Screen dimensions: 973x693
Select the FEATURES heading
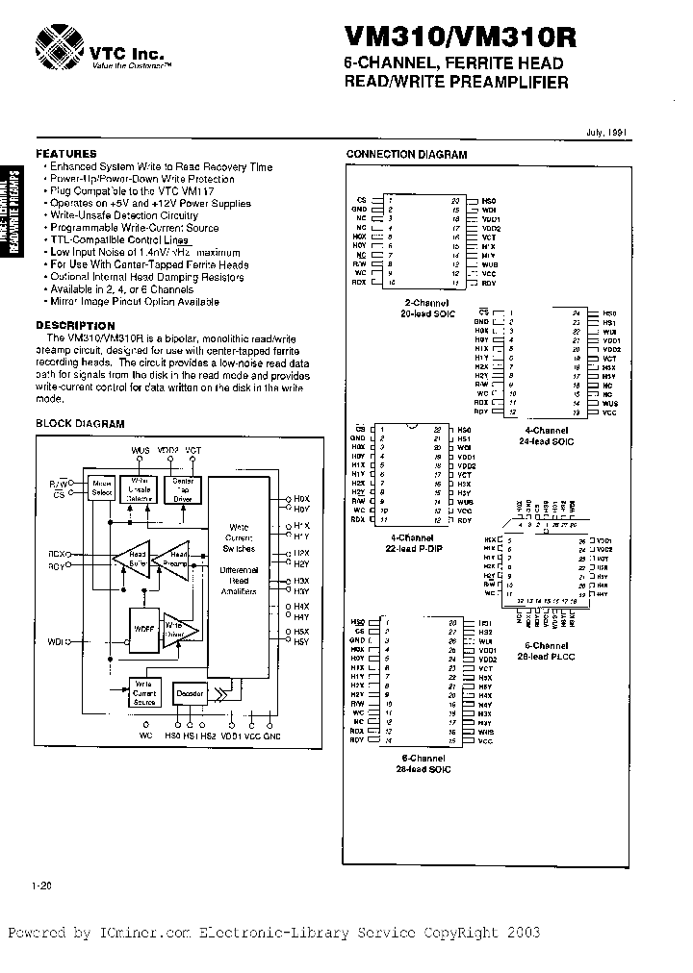pyautogui.click(x=66, y=154)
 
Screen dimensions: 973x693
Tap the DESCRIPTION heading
pyautogui.click(x=75, y=326)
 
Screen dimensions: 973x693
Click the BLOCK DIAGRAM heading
pyautogui.click(x=81, y=424)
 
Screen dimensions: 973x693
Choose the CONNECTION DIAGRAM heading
pyautogui.click(x=406, y=155)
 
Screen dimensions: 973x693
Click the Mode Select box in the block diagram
pyautogui.click(x=101, y=487)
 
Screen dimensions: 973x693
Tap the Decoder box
pyautogui.click(x=189, y=693)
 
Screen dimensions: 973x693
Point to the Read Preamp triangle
pyautogui.click(x=177, y=559)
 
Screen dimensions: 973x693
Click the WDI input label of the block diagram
pyautogui.click(x=56, y=640)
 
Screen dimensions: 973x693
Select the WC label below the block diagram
pyautogui.click(x=146, y=736)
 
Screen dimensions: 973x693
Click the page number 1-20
pyautogui.click(x=40, y=887)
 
